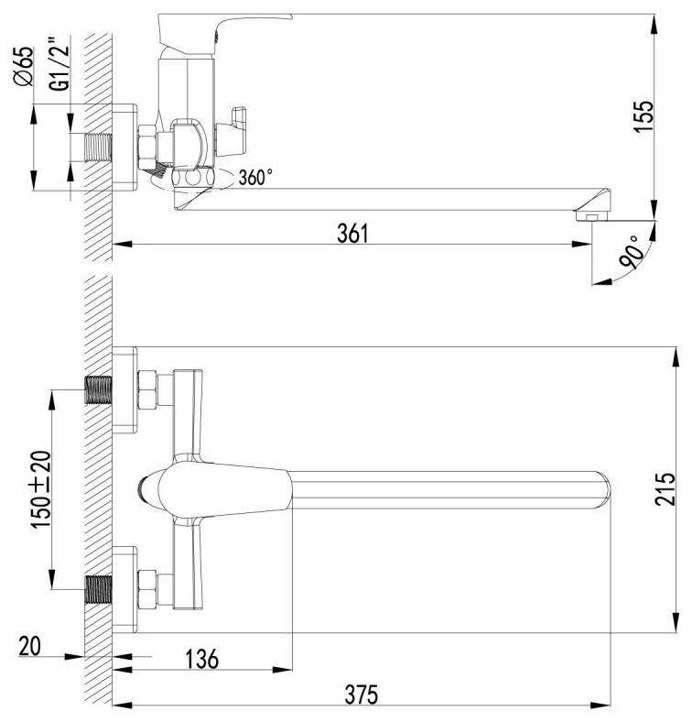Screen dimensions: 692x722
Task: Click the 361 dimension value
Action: click(352, 233)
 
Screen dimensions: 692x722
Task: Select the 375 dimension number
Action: click(362, 695)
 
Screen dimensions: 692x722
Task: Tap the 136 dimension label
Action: click(202, 659)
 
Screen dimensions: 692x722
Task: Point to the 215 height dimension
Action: click(665, 488)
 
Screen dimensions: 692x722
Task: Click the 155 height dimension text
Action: click(643, 117)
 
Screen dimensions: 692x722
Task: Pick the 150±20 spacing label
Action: click(41, 489)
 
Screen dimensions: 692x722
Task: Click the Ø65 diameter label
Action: click(24, 66)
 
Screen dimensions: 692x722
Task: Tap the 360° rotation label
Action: click(255, 177)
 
